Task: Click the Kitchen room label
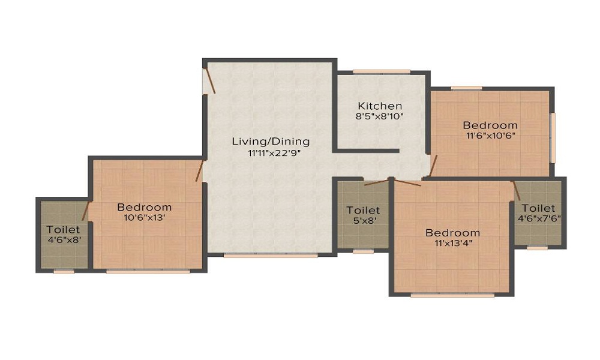coord(380,106)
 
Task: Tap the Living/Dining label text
coord(271,142)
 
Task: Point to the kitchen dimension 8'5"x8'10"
coord(380,116)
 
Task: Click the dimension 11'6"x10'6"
coord(491,136)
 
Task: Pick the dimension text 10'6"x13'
coord(144,218)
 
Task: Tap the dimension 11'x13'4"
coord(453,244)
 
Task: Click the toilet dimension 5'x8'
coord(363,221)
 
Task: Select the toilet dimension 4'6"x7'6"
coord(539,219)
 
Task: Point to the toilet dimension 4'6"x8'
coord(64,240)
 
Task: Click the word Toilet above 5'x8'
coord(363,210)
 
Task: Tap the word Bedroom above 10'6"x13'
coord(144,208)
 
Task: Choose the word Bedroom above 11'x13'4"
coord(452,233)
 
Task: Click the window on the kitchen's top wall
coord(382,71)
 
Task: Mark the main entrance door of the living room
coord(210,80)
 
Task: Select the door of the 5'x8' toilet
coord(377,182)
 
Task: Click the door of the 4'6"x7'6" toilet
coord(517,191)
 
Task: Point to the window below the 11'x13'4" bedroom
coord(452,295)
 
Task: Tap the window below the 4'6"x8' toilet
coord(64,272)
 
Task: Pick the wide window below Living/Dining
coord(271,256)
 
